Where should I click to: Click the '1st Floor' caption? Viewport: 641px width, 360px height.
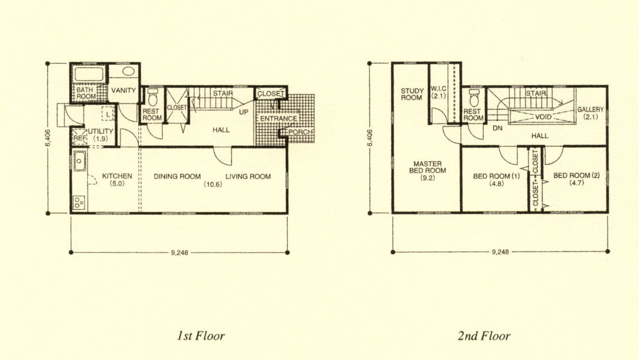tap(201, 336)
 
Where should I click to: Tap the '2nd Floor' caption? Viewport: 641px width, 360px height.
tap(484, 336)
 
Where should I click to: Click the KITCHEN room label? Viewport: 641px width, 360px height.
tap(117, 176)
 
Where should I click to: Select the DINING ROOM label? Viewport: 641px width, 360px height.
tap(177, 176)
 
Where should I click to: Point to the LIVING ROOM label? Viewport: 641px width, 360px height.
tap(248, 176)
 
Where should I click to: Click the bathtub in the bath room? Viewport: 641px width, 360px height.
tap(89, 74)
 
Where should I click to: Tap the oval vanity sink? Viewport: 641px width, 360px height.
tap(128, 71)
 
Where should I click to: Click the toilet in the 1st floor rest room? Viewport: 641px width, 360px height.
tap(153, 97)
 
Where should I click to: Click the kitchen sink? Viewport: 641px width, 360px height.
tap(79, 160)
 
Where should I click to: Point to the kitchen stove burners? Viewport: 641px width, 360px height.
tap(79, 202)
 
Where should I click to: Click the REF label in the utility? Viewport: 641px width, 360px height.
tap(79, 138)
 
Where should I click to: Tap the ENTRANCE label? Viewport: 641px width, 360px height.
tap(279, 118)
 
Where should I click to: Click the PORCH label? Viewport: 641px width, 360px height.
tap(300, 132)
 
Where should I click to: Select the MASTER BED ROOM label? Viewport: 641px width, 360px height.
tap(427, 167)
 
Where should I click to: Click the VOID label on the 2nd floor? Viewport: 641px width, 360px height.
tap(543, 116)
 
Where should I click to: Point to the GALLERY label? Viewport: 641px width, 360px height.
tap(590, 109)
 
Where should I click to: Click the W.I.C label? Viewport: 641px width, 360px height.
tap(438, 88)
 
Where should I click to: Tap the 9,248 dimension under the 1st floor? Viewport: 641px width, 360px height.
tap(179, 253)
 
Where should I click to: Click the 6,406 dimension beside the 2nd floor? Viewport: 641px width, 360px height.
tap(370, 138)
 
